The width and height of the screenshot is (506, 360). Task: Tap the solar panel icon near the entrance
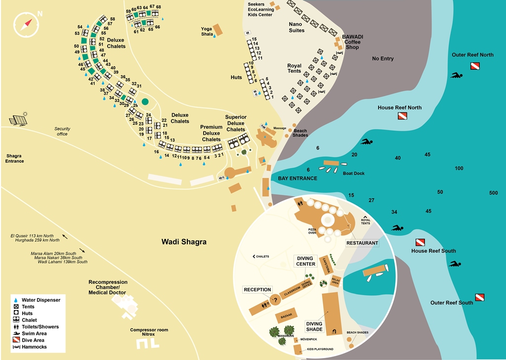19,120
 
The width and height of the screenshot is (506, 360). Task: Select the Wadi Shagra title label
184,242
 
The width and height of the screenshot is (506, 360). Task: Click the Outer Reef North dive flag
474,66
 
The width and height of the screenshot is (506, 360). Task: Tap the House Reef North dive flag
402,117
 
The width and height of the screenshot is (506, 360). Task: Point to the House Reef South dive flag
420,242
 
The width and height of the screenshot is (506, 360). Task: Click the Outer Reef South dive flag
479,297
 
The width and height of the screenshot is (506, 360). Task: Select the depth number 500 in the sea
493,193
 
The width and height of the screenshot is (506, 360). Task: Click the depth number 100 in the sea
459,169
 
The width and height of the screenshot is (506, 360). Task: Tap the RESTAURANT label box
362,243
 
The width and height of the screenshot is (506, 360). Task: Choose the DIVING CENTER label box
306,261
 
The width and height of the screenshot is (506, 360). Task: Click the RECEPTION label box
257,290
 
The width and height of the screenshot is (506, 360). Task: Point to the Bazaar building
286,315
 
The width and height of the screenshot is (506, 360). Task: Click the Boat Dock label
353,173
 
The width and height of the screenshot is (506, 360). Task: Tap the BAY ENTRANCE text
297,178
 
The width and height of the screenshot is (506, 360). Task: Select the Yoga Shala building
217,30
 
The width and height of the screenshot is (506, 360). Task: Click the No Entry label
382,59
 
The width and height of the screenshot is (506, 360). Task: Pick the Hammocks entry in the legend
34,347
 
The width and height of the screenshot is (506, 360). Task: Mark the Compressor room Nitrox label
149,332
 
